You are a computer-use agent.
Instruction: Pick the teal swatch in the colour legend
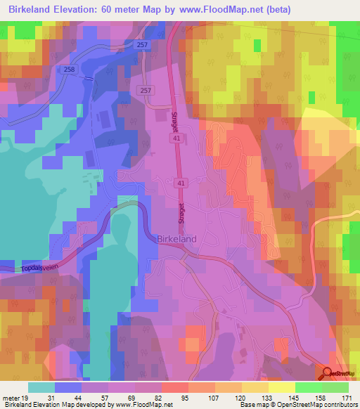coord(41,387)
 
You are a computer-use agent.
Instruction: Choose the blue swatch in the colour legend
coord(67,387)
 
